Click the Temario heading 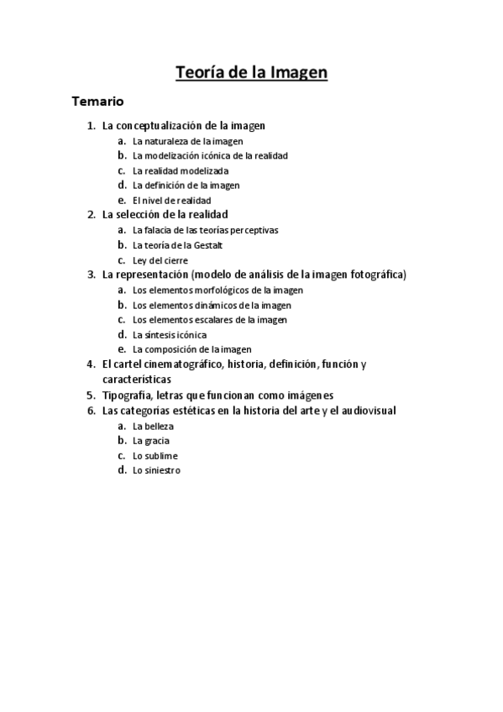coord(98,102)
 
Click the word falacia coord(159,230)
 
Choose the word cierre coord(176,260)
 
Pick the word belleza coord(159,426)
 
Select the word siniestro coord(162,471)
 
